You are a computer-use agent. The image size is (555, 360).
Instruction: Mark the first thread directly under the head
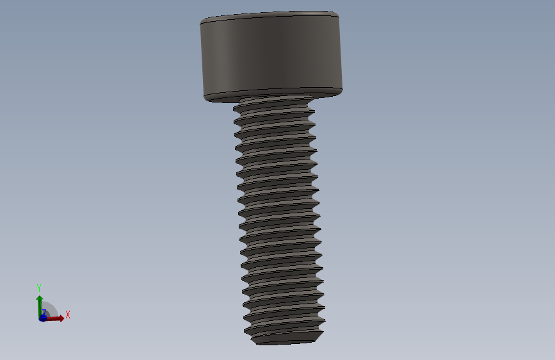(x=274, y=106)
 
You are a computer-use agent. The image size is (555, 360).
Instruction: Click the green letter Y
(x=39, y=288)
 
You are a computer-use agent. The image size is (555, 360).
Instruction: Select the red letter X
(x=67, y=315)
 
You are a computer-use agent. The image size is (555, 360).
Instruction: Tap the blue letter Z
(x=44, y=313)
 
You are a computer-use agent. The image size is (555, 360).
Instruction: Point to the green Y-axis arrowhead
(x=39, y=298)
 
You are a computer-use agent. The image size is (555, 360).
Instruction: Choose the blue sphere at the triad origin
(x=43, y=318)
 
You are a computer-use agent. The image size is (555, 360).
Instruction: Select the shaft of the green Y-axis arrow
(x=39, y=307)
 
